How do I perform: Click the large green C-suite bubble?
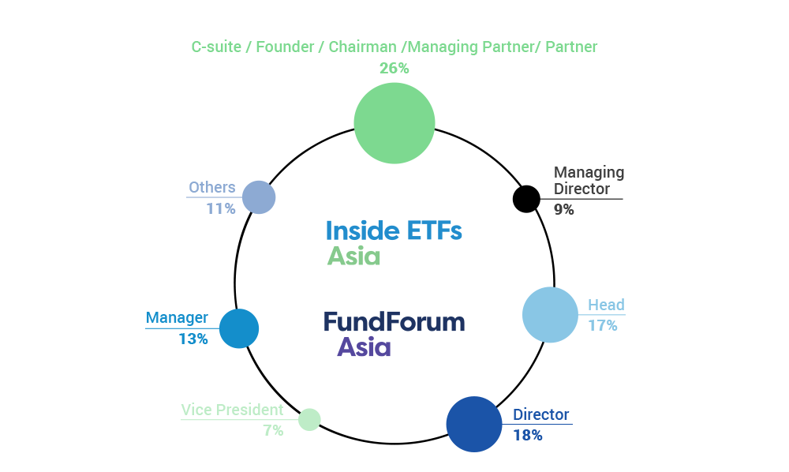[x=394, y=123]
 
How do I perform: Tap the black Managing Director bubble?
[x=526, y=199]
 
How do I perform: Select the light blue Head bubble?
[x=550, y=315]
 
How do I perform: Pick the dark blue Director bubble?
[x=474, y=424]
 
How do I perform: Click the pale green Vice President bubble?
[x=309, y=419]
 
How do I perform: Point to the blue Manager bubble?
[x=239, y=328]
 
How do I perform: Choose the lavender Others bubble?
[x=259, y=197]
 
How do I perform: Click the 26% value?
[x=394, y=69]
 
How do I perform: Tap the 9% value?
[x=564, y=210]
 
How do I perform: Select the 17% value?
[x=602, y=325]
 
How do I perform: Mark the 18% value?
[x=528, y=435]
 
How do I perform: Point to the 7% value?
[x=273, y=431]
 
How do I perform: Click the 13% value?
[x=193, y=339]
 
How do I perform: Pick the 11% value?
[x=221, y=209]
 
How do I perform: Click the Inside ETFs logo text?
[x=394, y=230]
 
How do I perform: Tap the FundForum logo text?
[x=394, y=322]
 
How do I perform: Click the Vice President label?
[x=232, y=410]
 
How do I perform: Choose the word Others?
[x=211, y=188]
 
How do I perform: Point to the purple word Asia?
[x=364, y=347]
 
